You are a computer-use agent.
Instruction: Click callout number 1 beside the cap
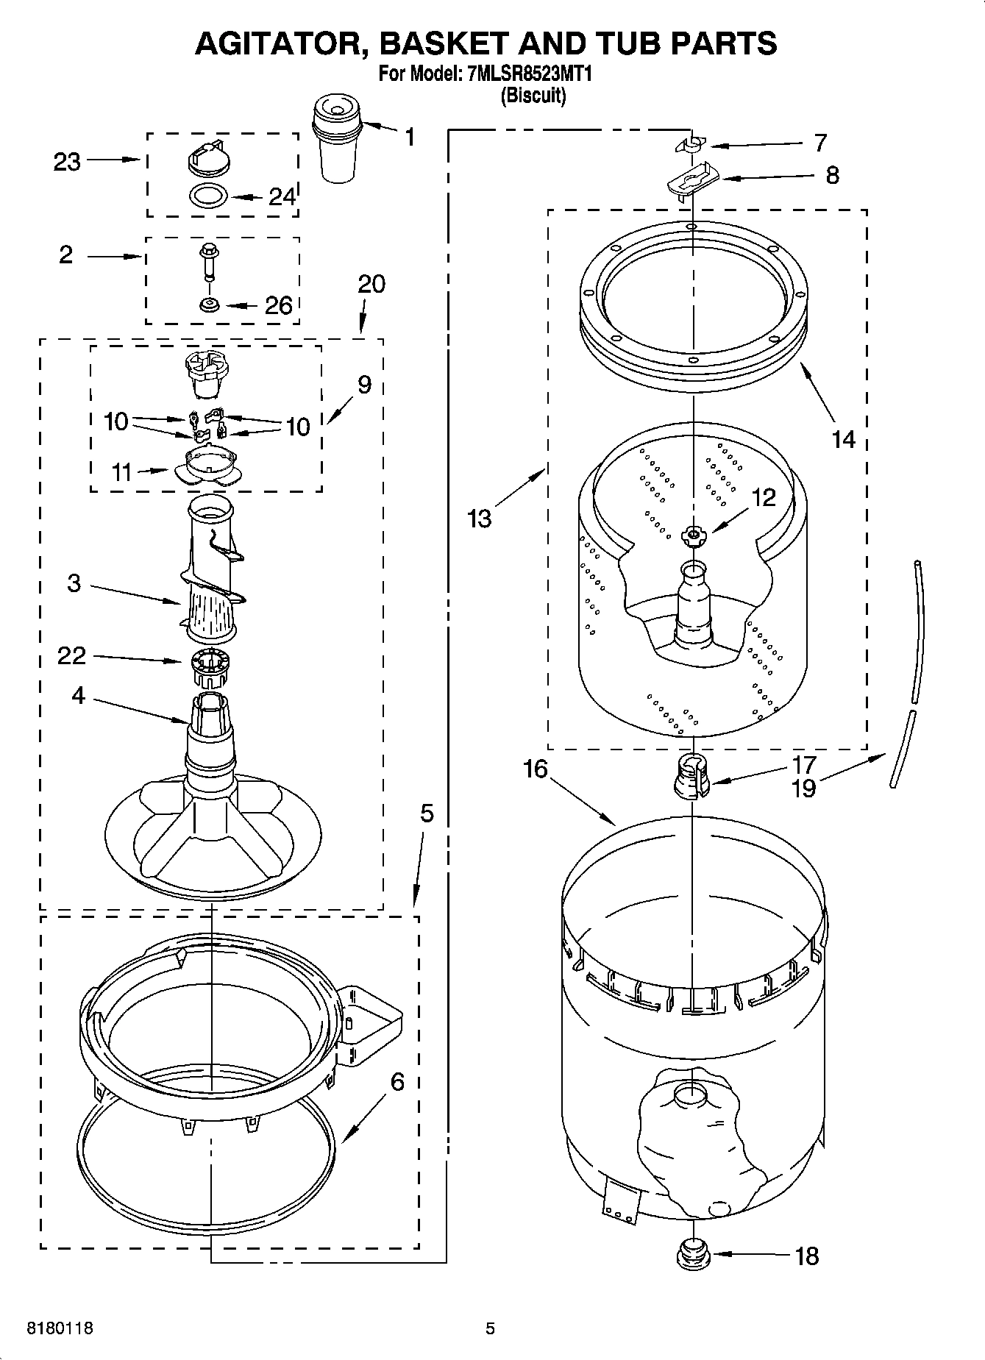(x=410, y=137)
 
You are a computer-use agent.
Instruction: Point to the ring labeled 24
(x=207, y=196)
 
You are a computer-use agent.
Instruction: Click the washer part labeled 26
(x=210, y=305)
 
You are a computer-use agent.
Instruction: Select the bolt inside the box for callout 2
(x=207, y=262)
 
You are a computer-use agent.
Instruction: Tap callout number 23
(x=67, y=162)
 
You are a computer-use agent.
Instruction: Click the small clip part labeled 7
(x=690, y=144)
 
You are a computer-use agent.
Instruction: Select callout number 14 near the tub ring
(x=844, y=439)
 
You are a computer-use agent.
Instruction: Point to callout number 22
(x=71, y=655)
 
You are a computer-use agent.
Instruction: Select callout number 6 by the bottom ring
(x=397, y=1082)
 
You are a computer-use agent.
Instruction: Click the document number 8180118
(x=60, y=1328)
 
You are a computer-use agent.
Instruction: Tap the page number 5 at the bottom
(x=490, y=1328)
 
